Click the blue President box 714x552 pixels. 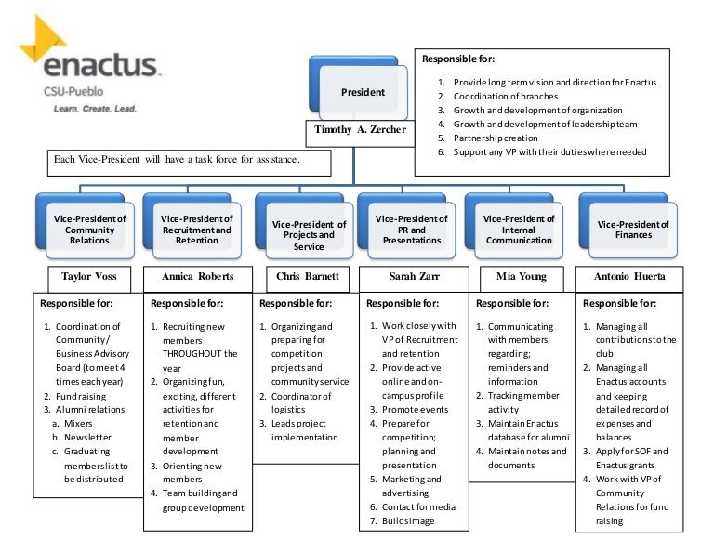[x=363, y=93]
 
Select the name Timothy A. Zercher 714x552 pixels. [x=360, y=130]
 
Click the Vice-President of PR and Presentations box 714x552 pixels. [x=411, y=229]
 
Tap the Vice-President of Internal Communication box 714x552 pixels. [x=519, y=229]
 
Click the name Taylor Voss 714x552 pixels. [x=88, y=276]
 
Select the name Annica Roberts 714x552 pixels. [x=197, y=276]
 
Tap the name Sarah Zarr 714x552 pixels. [x=412, y=276]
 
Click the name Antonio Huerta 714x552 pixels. [x=630, y=276]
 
